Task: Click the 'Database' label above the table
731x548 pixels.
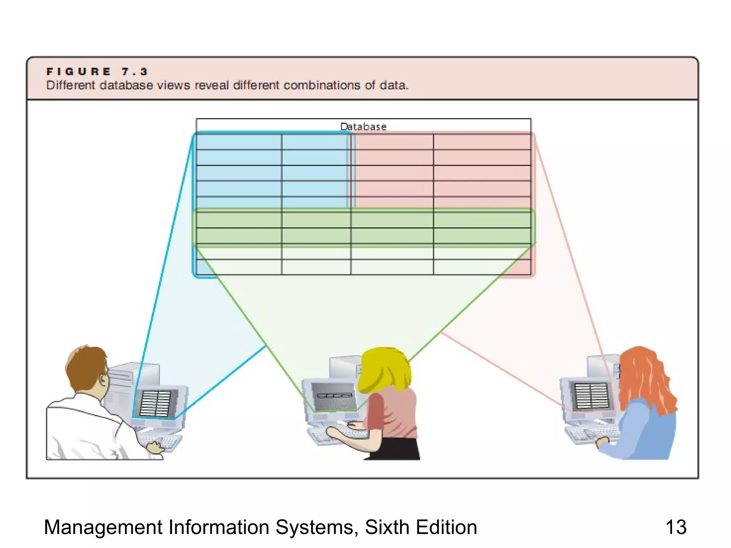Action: pyautogui.click(x=363, y=127)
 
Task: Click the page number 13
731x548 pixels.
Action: pyautogui.click(x=676, y=527)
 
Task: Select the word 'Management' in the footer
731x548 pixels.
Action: pyautogui.click(x=103, y=527)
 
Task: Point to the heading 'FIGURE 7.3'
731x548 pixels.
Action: pyautogui.click(x=97, y=72)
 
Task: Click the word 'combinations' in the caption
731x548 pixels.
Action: pyautogui.click(x=322, y=85)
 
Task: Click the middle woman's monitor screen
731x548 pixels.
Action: pyautogui.click(x=334, y=396)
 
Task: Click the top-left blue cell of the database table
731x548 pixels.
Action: pyautogui.click(x=238, y=142)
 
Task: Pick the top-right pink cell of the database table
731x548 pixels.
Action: pyautogui.click(x=482, y=142)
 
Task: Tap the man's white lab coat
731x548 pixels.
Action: pyautogui.click(x=86, y=428)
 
